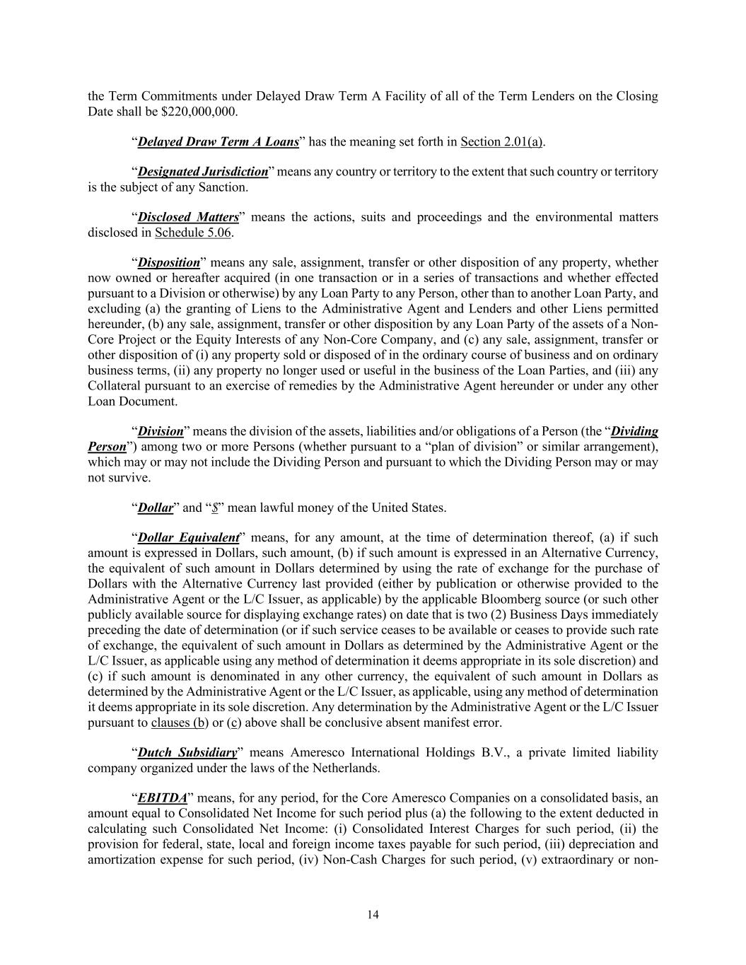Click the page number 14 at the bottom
click(373, 915)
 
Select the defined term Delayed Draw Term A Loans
click(218, 141)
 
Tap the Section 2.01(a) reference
click(501, 141)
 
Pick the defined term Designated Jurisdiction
click(203, 172)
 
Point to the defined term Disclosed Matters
click(188, 217)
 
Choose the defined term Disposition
click(169, 263)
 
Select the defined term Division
click(161, 431)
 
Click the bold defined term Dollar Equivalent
click(189, 538)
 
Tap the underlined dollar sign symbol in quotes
click(214, 508)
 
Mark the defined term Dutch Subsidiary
click(187, 753)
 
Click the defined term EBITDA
click(163, 798)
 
